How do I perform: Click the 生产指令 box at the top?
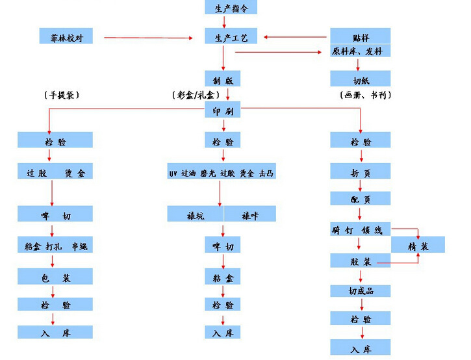click(x=223, y=8)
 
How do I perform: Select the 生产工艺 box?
click(x=223, y=38)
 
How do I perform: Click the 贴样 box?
click(x=361, y=36)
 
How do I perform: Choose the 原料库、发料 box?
click(x=361, y=50)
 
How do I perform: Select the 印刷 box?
click(x=223, y=110)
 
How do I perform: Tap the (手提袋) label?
click(x=60, y=95)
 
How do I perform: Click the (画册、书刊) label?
click(x=366, y=95)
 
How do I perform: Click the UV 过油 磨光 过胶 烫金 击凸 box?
click(x=221, y=173)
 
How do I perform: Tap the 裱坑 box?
click(x=195, y=214)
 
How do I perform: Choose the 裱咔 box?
click(x=250, y=214)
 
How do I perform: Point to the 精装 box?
click(x=418, y=245)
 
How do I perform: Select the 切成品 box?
click(x=361, y=290)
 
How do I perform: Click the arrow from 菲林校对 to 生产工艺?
click(x=149, y=38)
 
